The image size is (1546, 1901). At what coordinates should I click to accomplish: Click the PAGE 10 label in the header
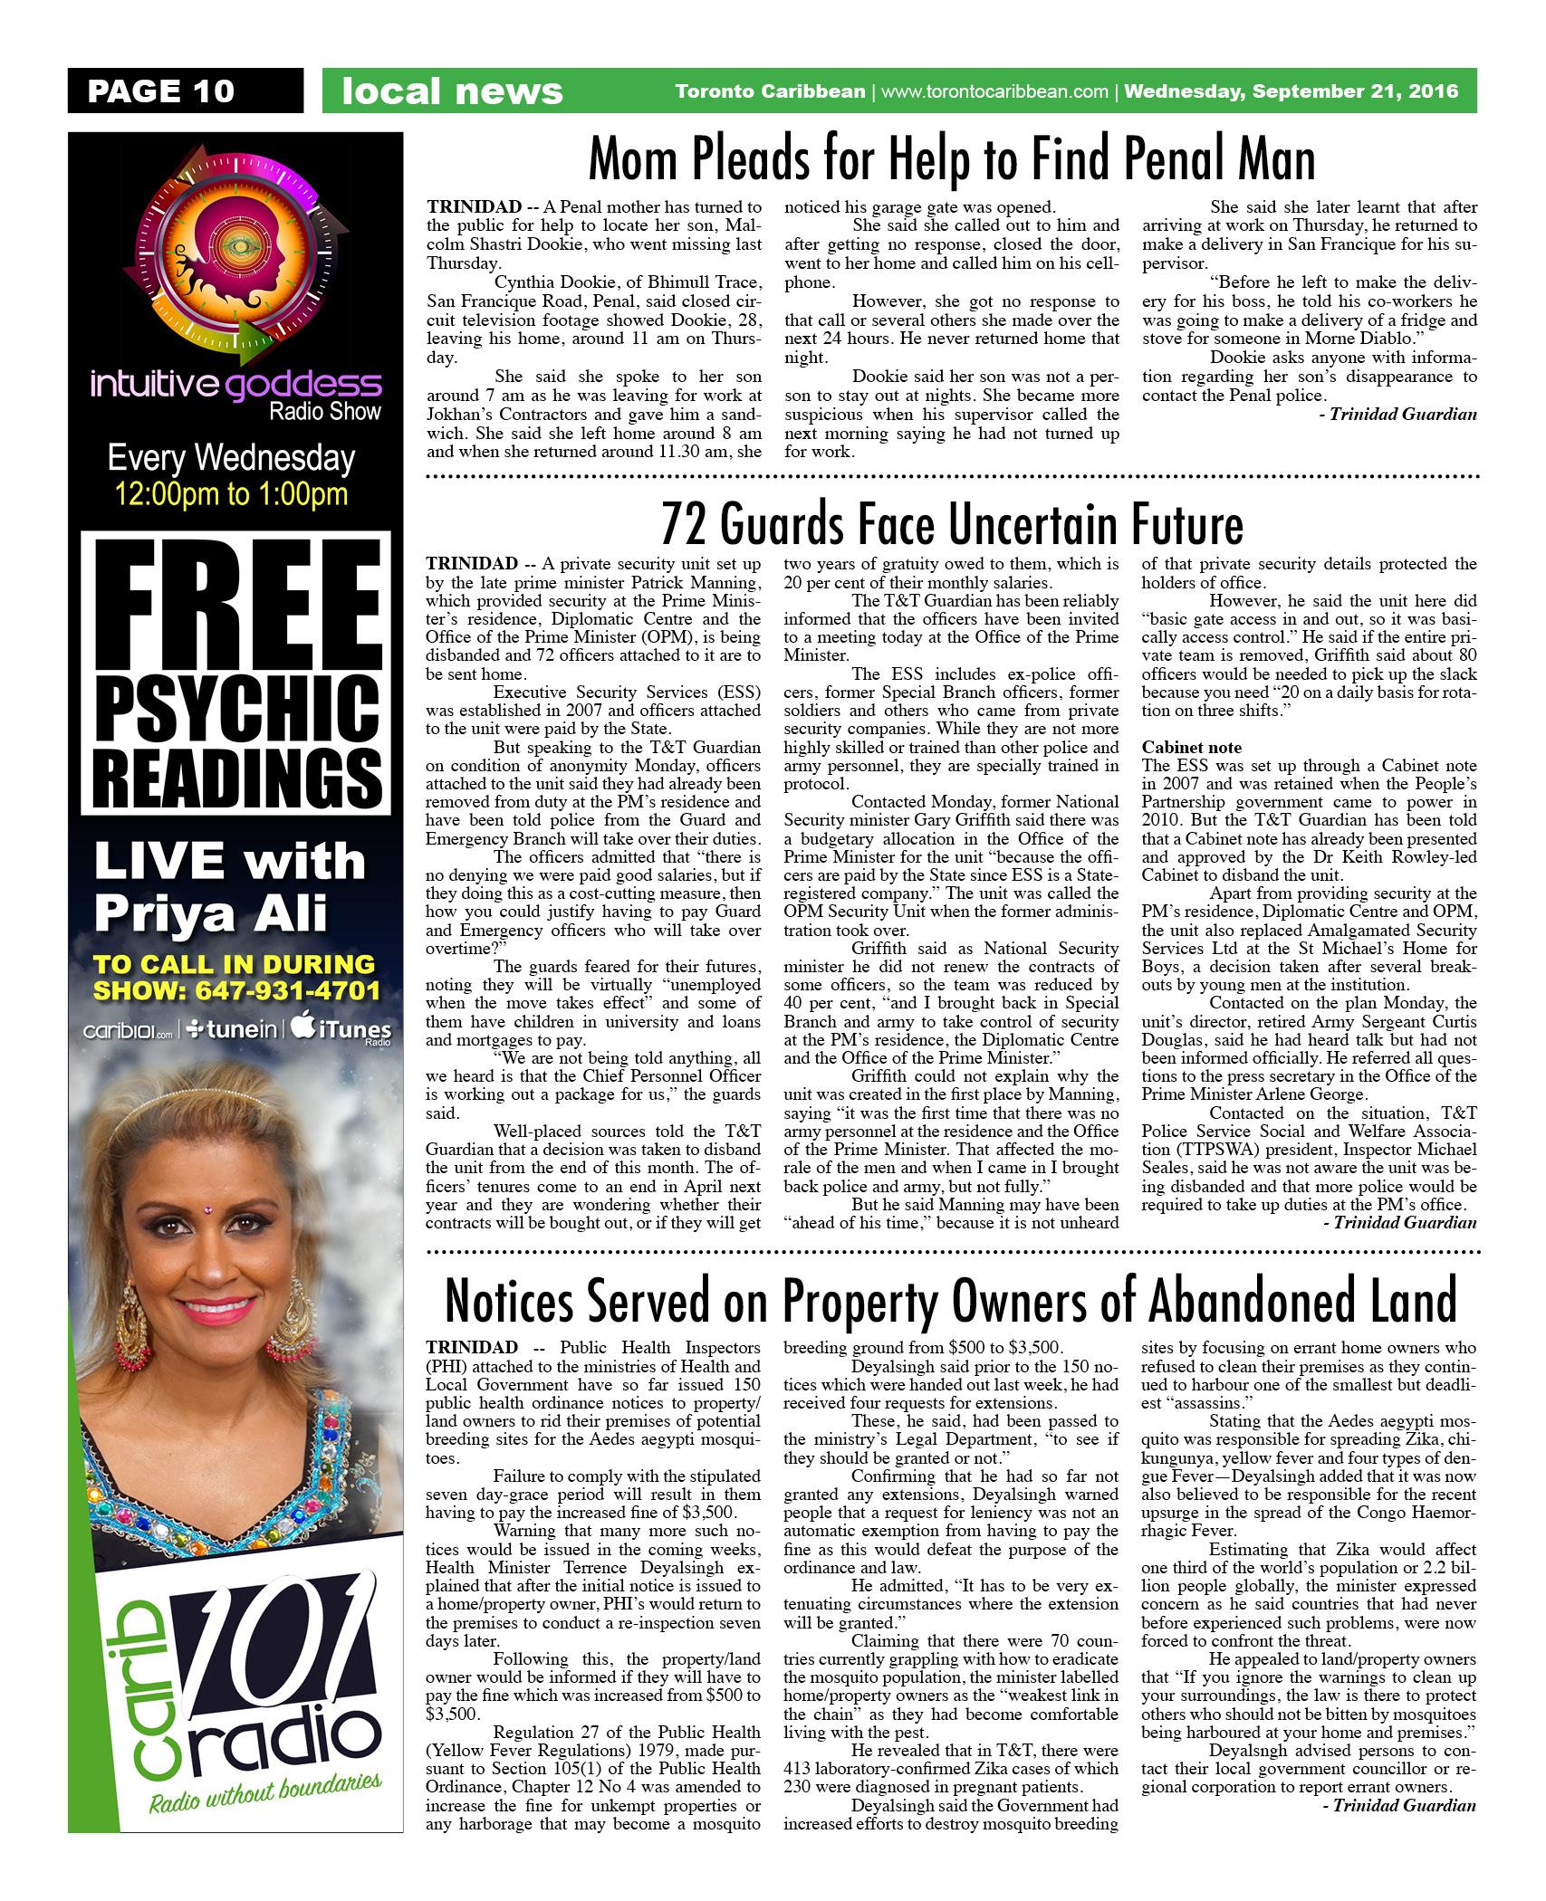click(160, 91)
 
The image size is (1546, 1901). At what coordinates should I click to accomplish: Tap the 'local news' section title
click(452, 91)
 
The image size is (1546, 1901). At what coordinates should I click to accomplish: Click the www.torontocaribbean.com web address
click(994, 91)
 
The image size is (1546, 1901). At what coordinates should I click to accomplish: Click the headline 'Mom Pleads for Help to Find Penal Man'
click(951, 161)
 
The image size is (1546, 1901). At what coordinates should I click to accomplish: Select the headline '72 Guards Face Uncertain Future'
click(951, 524)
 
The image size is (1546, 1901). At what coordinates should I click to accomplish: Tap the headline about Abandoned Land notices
click(951, 1302)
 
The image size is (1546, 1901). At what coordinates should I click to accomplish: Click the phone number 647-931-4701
click(289, 990)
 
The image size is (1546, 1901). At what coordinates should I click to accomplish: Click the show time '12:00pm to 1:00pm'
click(232, 494)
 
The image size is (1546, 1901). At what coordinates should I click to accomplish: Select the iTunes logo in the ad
click(341, 1031)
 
